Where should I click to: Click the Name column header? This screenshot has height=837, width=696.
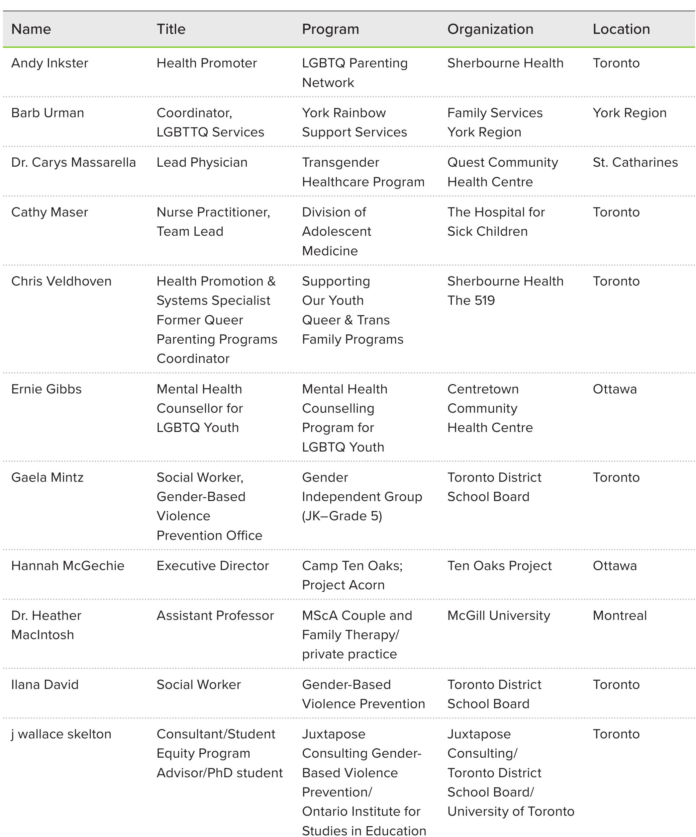coord(31,29)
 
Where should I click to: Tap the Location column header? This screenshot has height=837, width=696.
coord(621,29)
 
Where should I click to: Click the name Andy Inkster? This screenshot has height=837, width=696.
coord(50,63)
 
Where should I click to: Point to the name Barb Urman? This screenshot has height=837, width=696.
coord(48,113)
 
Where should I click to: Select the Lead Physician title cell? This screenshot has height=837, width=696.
coord(202,162)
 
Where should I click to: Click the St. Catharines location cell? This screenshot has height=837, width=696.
coord(635,162)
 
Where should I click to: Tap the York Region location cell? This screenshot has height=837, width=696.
coord(630,113)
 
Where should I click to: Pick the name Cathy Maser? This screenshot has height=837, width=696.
coord(50,212)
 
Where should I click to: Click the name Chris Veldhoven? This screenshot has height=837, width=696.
coord(61,281)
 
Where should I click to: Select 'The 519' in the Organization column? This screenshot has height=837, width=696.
coord(471,300)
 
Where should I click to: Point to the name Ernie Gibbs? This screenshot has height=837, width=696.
coord(46,389)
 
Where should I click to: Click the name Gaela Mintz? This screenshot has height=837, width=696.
coord(47,477)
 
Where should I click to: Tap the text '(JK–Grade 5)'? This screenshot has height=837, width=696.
coord(342,516)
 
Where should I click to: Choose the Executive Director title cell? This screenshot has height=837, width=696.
coord(213,565)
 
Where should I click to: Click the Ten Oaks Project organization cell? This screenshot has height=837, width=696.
coord(499,565)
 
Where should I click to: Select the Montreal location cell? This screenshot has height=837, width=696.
coord(619,616)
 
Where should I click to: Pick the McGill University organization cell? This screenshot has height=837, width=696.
coord(499,616)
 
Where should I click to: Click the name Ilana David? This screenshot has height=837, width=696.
coord(45,684)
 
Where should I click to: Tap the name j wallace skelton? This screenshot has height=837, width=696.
coord(61,734)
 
